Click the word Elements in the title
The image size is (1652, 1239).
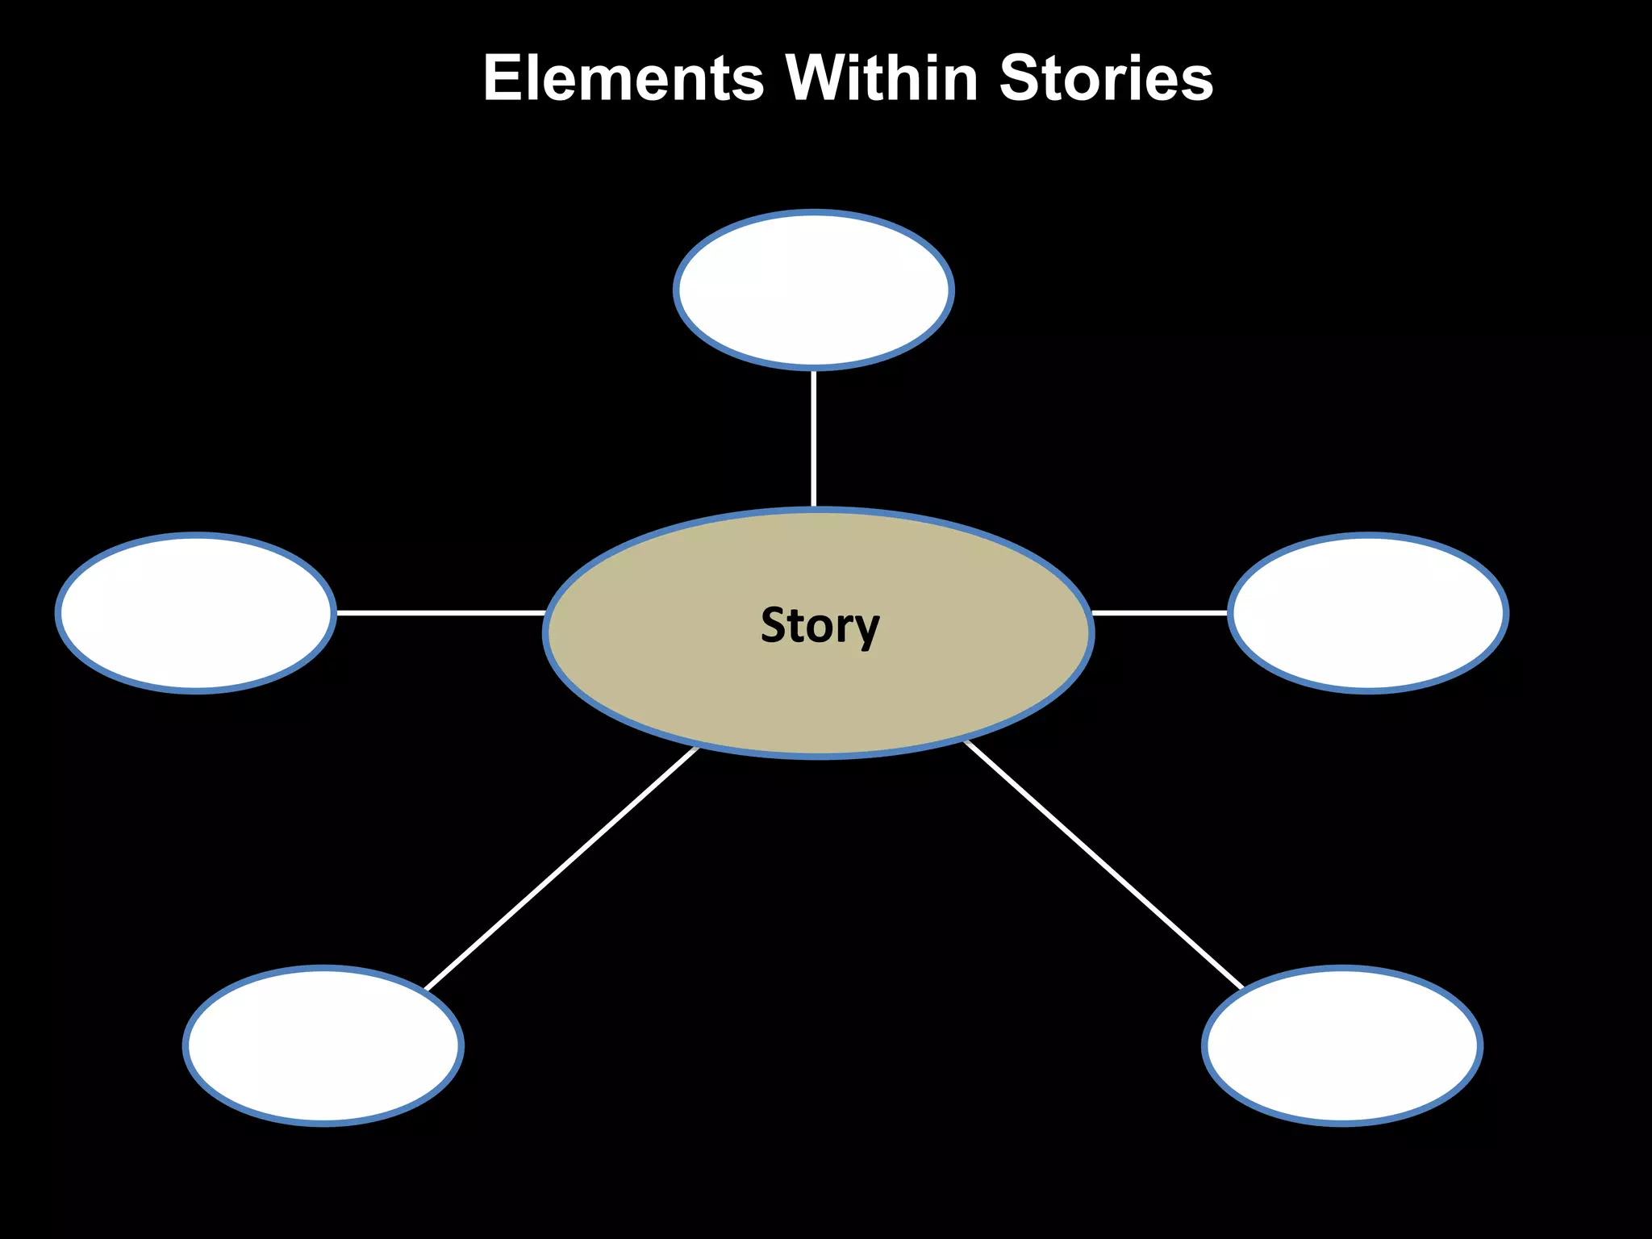point(623,78)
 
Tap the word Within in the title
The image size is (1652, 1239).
point(881,78)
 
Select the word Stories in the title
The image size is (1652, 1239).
point(1106,78)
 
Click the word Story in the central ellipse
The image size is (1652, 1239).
point(820,625)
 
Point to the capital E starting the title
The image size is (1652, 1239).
point(502,78)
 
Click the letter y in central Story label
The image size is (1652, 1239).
point(866,629)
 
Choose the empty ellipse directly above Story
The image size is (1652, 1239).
point(814,290)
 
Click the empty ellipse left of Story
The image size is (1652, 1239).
point(196,613)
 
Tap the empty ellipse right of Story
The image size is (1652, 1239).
point(1367,613)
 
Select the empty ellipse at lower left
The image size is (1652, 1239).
point(323,1045)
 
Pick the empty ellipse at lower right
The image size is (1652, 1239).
point(1342,1045)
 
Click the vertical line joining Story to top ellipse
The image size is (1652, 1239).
point(814,440)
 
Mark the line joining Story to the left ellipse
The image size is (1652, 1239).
point(440,613)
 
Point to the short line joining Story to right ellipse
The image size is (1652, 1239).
point(1159,613)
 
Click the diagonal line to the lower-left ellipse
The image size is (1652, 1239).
point(561,869)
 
